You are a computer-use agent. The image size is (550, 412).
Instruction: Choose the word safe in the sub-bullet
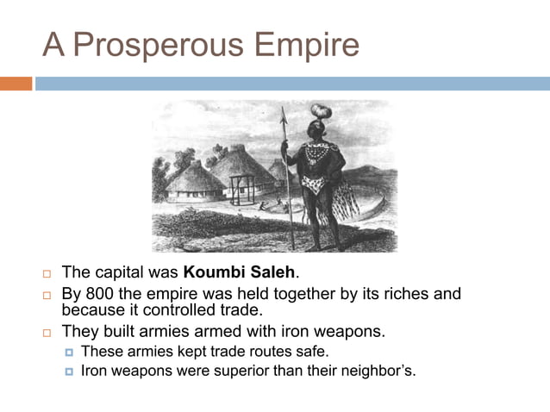click(312, 352)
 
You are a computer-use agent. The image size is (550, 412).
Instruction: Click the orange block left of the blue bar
click(16, 84)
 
